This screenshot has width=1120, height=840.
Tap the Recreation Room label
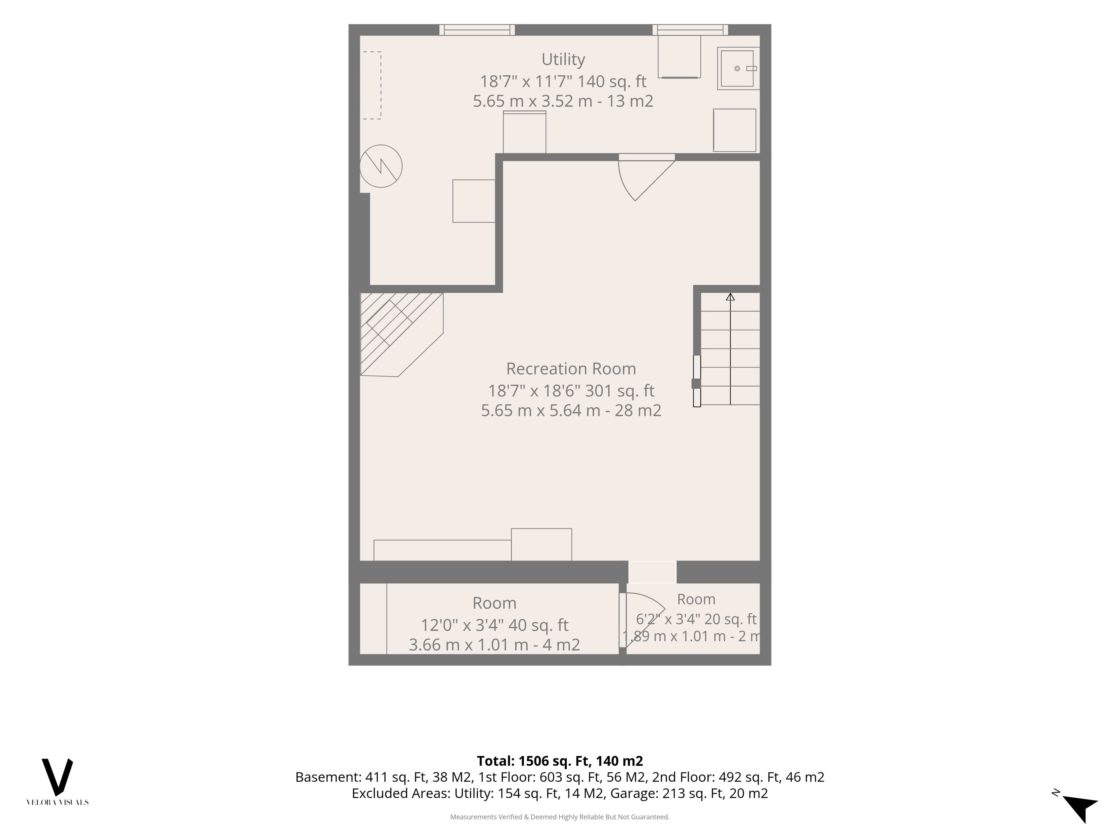point(571,369)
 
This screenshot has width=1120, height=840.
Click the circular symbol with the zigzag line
point(381,166)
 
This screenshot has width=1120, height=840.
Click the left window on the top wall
point(477,30)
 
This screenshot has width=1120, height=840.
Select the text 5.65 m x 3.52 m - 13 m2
point(563,101)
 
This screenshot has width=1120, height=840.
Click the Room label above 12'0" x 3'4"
point(494,603)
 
